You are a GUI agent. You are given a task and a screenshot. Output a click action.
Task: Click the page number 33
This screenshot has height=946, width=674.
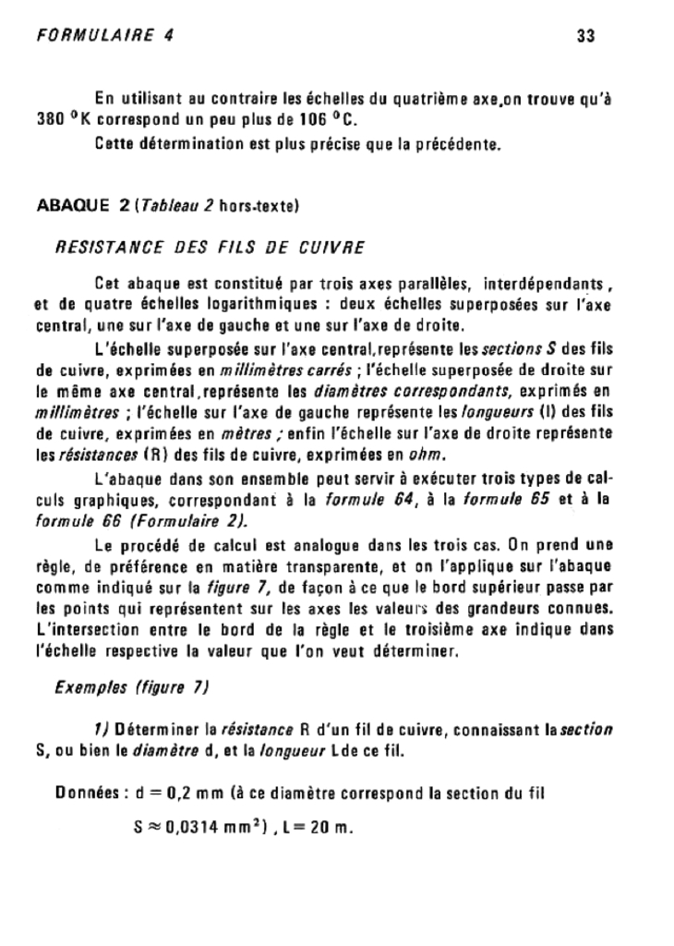click(584, 36)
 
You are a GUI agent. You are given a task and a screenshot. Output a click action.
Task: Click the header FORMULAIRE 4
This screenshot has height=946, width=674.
click(103, 36)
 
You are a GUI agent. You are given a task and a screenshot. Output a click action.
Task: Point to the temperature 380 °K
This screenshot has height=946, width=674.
click(55, 120)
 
